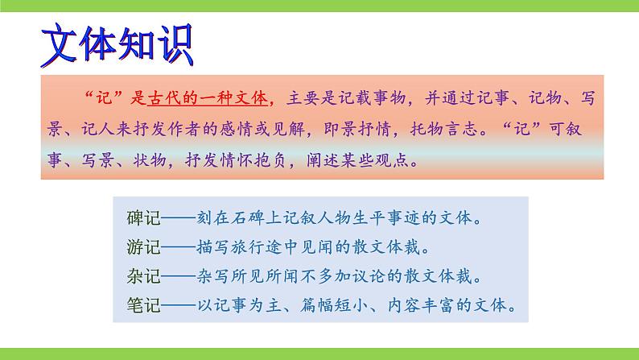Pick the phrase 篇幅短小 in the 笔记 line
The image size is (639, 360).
332,306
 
